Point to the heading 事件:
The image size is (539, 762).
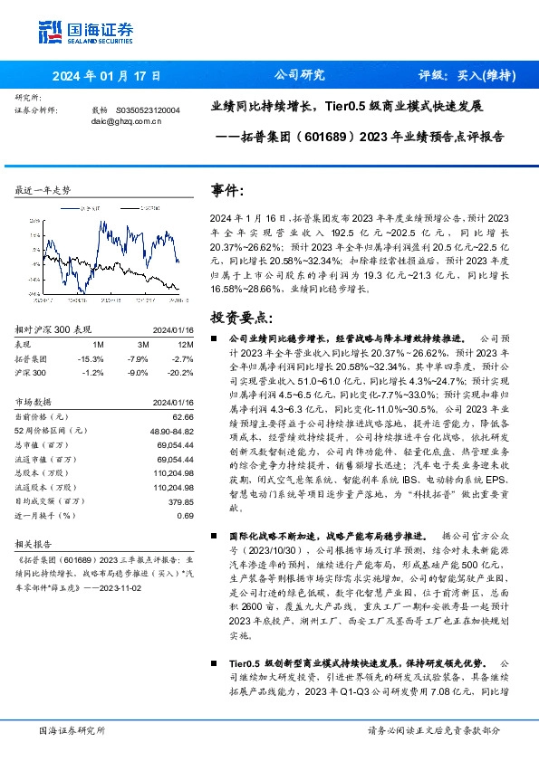[227, 191]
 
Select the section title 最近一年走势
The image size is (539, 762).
[43, 190]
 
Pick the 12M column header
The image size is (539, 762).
[186, 344]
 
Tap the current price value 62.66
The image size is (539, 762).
[185, 416]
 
